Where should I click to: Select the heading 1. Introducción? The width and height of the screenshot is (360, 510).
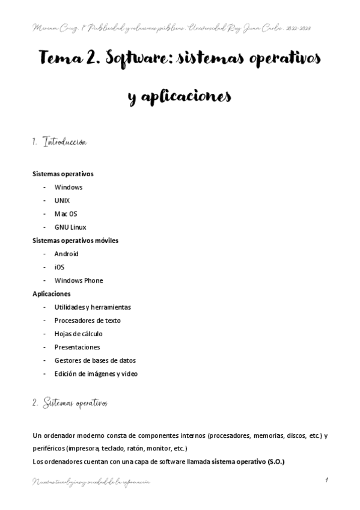59,143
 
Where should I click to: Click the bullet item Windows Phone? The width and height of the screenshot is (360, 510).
78,280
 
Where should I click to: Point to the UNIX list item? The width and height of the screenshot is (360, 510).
62,200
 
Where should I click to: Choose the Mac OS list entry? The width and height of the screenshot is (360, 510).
66,214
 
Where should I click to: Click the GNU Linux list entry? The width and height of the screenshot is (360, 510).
70,227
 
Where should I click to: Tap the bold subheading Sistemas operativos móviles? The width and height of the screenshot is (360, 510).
75,241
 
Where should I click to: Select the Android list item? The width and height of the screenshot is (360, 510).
66,254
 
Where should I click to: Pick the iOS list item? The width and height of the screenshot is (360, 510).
59,267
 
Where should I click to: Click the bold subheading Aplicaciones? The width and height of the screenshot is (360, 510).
51,294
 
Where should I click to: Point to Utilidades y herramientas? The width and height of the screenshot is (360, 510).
92,307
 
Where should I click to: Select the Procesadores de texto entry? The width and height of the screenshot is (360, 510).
87,321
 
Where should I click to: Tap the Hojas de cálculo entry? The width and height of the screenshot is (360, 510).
78,334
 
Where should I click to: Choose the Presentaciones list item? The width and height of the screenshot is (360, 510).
77,347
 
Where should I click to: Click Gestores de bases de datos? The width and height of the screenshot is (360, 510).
94,360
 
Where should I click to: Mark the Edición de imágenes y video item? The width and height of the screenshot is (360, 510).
96,373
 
